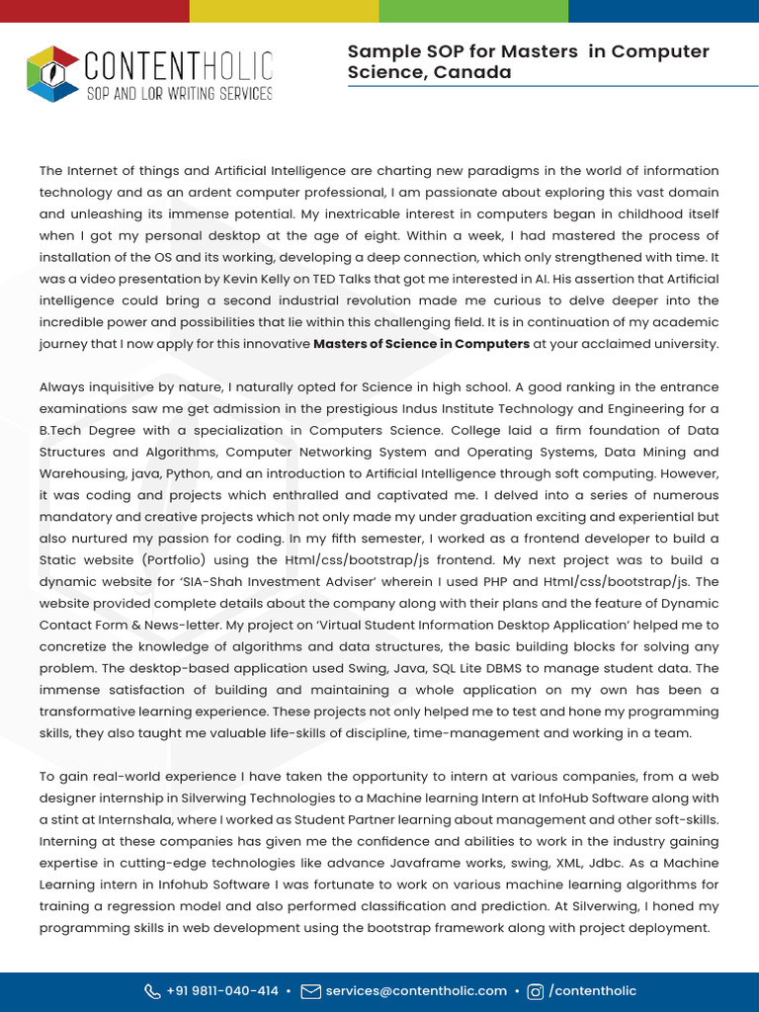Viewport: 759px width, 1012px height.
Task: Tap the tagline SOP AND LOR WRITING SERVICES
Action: click(179, 94)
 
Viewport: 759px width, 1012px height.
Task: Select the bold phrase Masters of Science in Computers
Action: click(421, 344)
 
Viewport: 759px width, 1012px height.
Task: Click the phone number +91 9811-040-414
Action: click(222, 990)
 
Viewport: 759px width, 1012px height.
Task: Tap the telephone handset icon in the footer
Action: click(152, 991)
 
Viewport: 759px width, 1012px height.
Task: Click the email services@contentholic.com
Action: click(416, 990)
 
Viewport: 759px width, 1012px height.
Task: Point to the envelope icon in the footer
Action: click(310, 991)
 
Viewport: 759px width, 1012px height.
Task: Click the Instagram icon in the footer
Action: click(536, 991)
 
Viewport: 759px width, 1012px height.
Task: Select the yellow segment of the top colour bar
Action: click(284, 10)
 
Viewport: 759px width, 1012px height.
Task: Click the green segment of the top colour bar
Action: click(473, 10)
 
